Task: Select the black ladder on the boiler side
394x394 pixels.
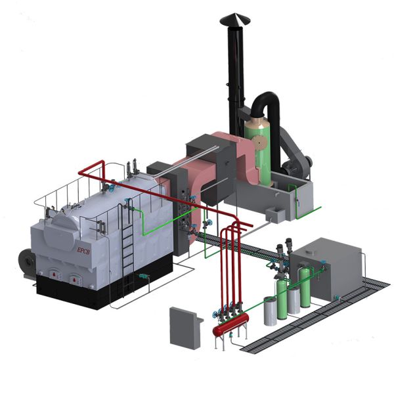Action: [x=127, y=240]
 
